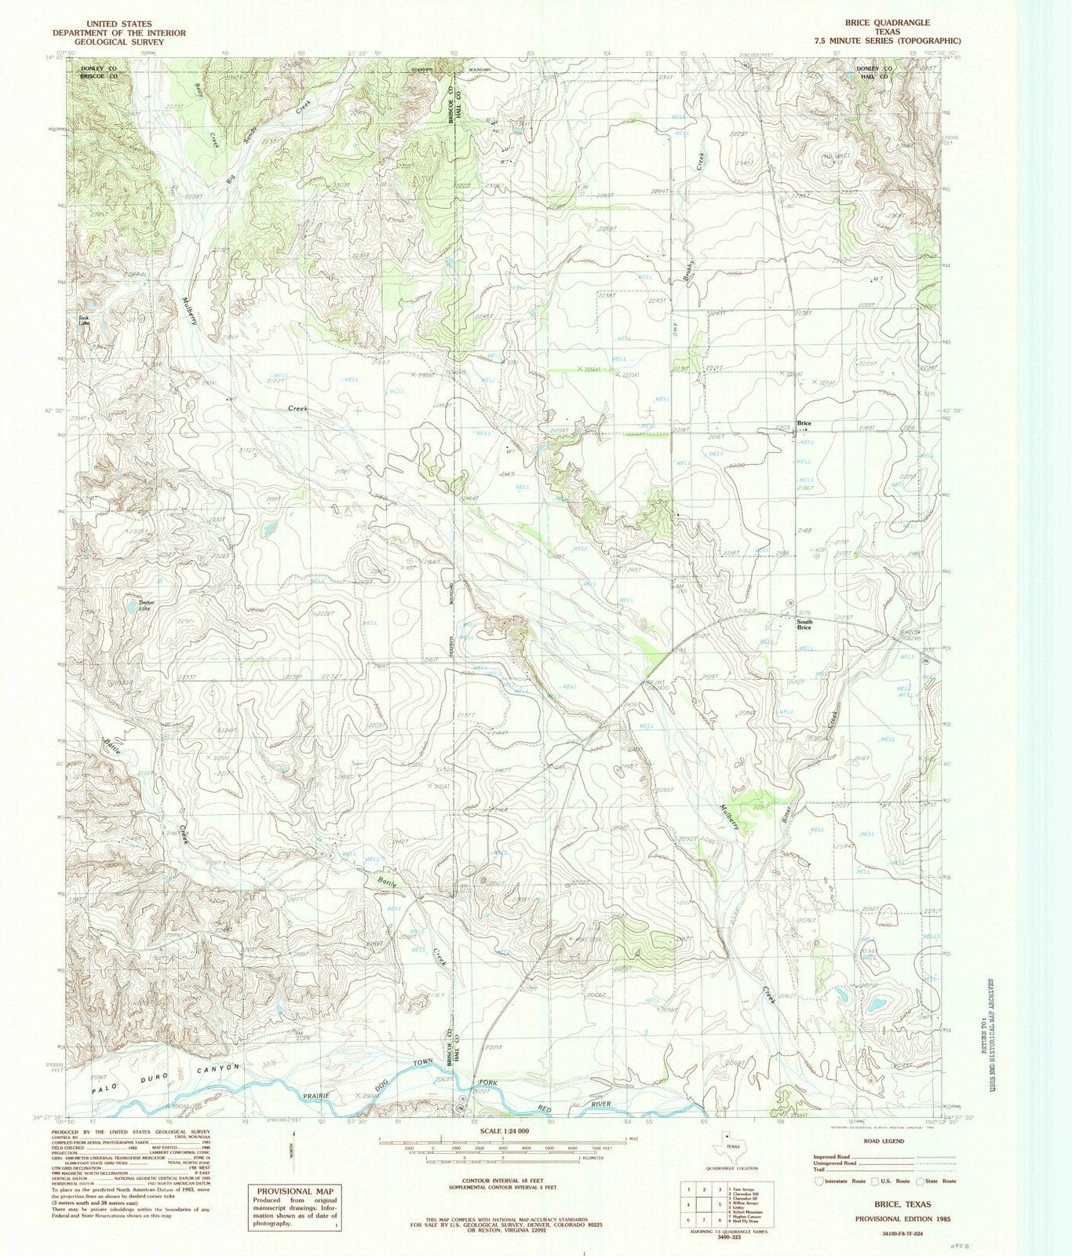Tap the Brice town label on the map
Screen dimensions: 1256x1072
804,424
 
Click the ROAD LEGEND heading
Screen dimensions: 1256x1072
884,1141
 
